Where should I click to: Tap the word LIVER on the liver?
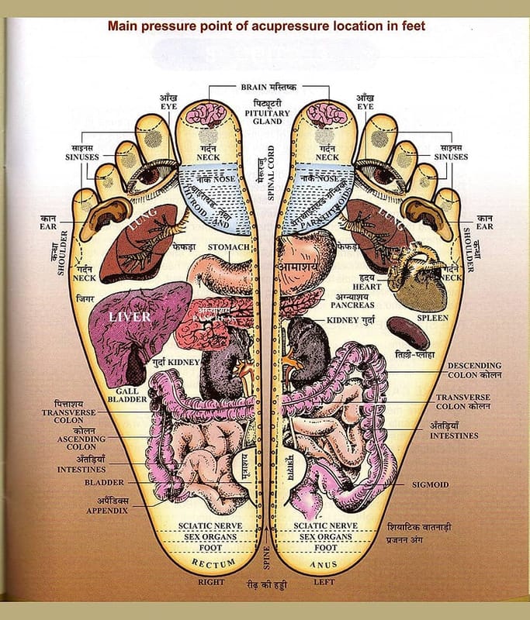[129, 317]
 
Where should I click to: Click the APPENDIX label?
[107, 510]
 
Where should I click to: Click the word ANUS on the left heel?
[324, 564]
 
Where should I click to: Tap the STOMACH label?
[228, 247]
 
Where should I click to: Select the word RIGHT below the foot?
[211, 582]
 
